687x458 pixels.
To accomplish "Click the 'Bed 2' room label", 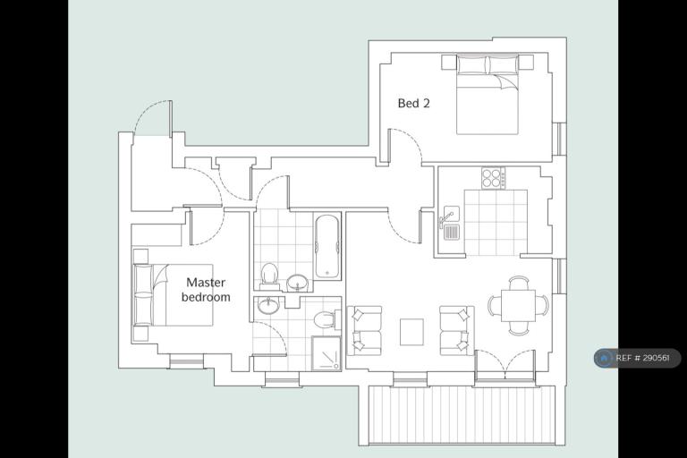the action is tap(413, 104).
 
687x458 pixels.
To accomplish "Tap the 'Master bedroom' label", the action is tap(206, 290).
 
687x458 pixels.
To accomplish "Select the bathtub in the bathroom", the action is tap(327, 246).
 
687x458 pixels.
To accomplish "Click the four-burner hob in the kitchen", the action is tap(494, 178).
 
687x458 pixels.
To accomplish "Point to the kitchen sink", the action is tap(450, 223).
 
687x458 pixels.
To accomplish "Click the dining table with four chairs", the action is tap(518, 305).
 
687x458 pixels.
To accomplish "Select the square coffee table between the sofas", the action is tap(411, 332).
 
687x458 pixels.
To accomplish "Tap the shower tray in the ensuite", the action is tap(326, 353).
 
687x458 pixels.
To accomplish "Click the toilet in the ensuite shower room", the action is tap(327, 318).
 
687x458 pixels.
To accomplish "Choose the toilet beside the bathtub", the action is tap(268, 276).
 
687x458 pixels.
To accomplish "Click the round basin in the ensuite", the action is tap(268, 305).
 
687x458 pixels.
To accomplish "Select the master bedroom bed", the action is tap(173, 294).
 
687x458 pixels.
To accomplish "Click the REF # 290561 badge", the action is tap(638, 358).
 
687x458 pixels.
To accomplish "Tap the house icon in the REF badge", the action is tap(604, 358).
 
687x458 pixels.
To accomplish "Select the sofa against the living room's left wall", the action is tap(365, 330).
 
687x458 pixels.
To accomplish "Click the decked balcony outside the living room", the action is tap(457, 415).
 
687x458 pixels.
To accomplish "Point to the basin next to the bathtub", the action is tap(299, 283).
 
